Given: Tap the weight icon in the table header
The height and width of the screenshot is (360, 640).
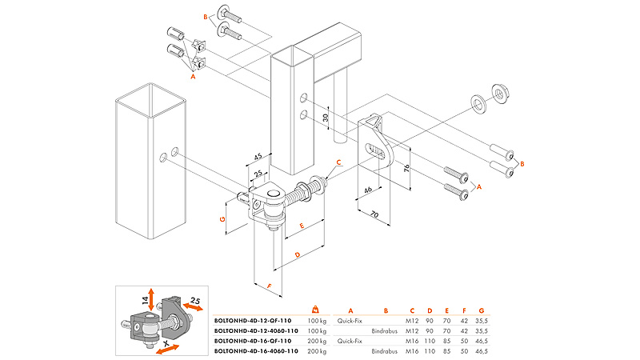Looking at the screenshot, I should tap(316, 309).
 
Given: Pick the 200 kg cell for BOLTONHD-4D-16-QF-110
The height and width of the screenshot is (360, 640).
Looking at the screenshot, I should tap(317, 341).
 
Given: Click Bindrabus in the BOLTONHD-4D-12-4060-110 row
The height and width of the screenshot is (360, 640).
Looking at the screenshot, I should tap(386, 330).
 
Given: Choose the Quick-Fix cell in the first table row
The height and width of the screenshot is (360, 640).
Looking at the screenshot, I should tap(350, 320).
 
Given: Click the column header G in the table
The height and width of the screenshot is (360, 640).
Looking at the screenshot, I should tap(481, 310).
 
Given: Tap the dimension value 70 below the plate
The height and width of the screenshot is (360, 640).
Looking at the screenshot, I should tap(375, 214).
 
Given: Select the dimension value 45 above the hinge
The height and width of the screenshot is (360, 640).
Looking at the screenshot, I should tap(258, 157).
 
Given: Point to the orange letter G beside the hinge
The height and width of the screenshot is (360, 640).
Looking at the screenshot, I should tap(224, 218).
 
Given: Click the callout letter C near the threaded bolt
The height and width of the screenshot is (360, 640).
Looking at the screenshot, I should tap(338, 162).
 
